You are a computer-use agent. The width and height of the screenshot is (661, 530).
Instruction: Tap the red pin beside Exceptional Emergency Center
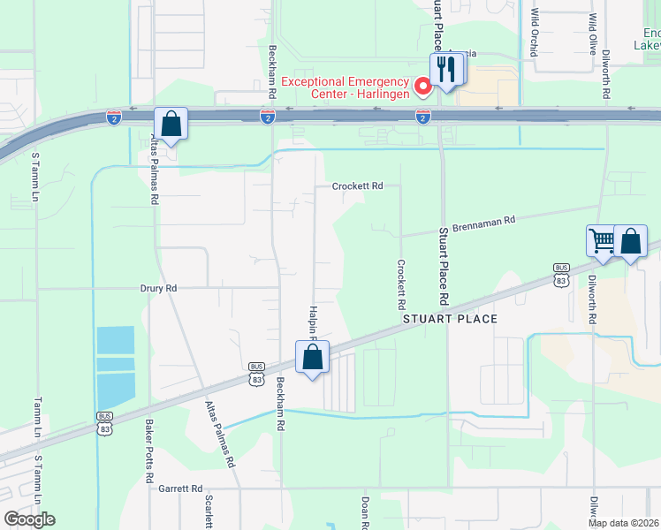[x=422, y=86]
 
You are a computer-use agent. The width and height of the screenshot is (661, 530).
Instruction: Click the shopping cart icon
[x=602, y=240]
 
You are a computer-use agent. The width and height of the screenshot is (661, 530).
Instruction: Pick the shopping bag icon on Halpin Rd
[x=311, y=357]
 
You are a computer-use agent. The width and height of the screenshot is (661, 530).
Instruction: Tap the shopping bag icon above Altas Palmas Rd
[x=171, y=124]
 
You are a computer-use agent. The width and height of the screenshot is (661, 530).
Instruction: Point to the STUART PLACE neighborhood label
[x=451, y=319]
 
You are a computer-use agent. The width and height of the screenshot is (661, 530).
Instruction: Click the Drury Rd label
[x=159, y=289]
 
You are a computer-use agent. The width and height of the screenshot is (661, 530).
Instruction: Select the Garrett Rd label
[x=181, y=488]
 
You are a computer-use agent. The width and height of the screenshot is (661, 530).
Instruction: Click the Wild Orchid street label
[x=534, y=33]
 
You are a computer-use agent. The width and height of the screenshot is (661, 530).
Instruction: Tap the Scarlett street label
[x=209, y=511]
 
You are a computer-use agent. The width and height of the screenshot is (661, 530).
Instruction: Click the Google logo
[x=29, y=519]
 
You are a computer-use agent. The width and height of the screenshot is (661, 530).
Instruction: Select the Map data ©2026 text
[x=624, y=523]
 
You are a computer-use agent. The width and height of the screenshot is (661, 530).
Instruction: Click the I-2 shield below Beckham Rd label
[x=267, y=117]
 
